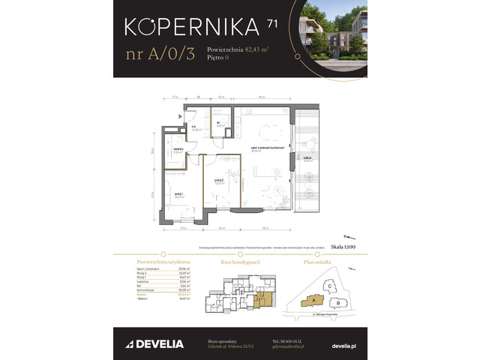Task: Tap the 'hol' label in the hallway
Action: tap(193, 127)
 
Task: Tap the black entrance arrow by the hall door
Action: tap(179, 116)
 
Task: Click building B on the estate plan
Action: tap(339, 303)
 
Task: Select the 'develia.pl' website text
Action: tap(344, 344)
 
